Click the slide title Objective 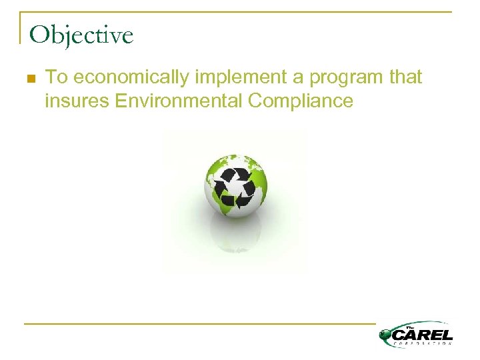point(81,35)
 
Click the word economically point(131,78)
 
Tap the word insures point(77,101)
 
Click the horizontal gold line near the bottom point(200,324)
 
